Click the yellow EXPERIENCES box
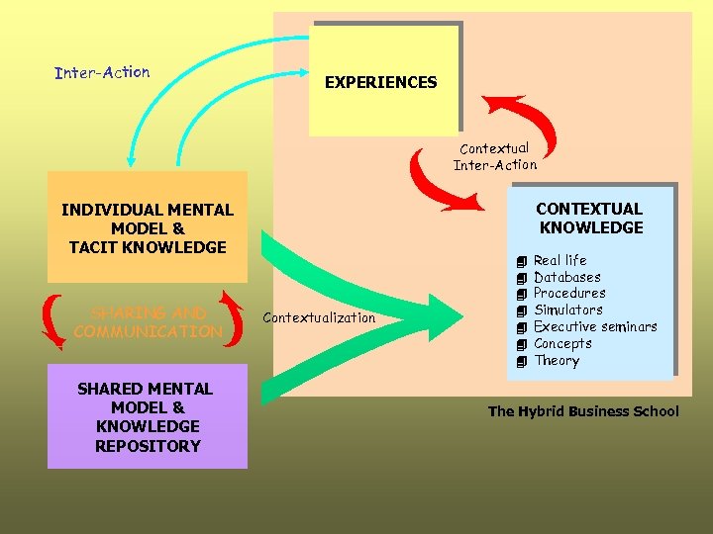(x=381, y=82)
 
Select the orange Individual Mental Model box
(x=148, y=227)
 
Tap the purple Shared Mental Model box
(x=147, y=416)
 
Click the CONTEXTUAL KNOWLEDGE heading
(x=589, y=219)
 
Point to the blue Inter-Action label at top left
(x=103, y=72)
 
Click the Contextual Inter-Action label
(x=495, y=156)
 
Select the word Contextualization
(x=319, y=317)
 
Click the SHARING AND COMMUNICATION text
(x=148, y=322)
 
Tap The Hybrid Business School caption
(x=583, y=411)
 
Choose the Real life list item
(x=560, y=260)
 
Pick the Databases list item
(x=566, y=277)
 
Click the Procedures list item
(x=569, y=294)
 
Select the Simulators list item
(x=567, y=311)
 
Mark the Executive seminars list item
(x=594, y=327)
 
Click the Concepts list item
(x=562, y=344)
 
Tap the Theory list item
(x=556, y=361)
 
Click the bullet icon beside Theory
(x=521, y=362)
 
